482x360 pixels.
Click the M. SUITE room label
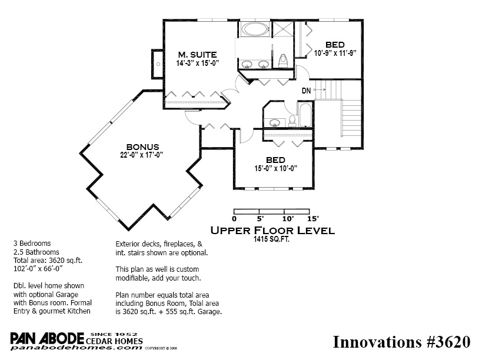(197, 55)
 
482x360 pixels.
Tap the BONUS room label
(142, 147)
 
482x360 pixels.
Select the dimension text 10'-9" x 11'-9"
(335, 53)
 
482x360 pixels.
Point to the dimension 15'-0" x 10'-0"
(275, 168)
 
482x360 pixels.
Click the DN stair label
(307, 91)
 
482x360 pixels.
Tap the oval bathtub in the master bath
(255, 29)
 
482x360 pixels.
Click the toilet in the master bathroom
(283, 61)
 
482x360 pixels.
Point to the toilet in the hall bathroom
(292, 121)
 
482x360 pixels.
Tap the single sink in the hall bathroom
(274, 122)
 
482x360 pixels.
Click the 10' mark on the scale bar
(288, 219)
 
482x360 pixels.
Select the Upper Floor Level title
(272, 231)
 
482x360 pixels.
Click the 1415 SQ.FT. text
(271, 239)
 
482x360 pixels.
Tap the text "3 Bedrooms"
(32, 244)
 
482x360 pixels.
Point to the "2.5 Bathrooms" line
(36, 252)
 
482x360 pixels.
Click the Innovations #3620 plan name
(401, 342)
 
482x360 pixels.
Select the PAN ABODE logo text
(47, 338)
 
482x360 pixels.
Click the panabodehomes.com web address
(77, 348)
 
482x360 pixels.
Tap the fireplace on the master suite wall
(157, 64)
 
